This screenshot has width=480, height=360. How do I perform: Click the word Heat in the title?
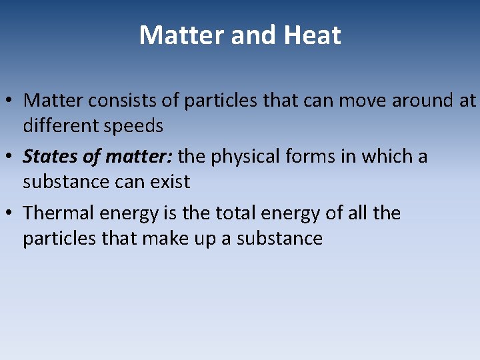point(312,35)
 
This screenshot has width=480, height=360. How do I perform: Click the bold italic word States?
point(50,157)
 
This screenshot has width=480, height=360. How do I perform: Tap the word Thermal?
point(59,213)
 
